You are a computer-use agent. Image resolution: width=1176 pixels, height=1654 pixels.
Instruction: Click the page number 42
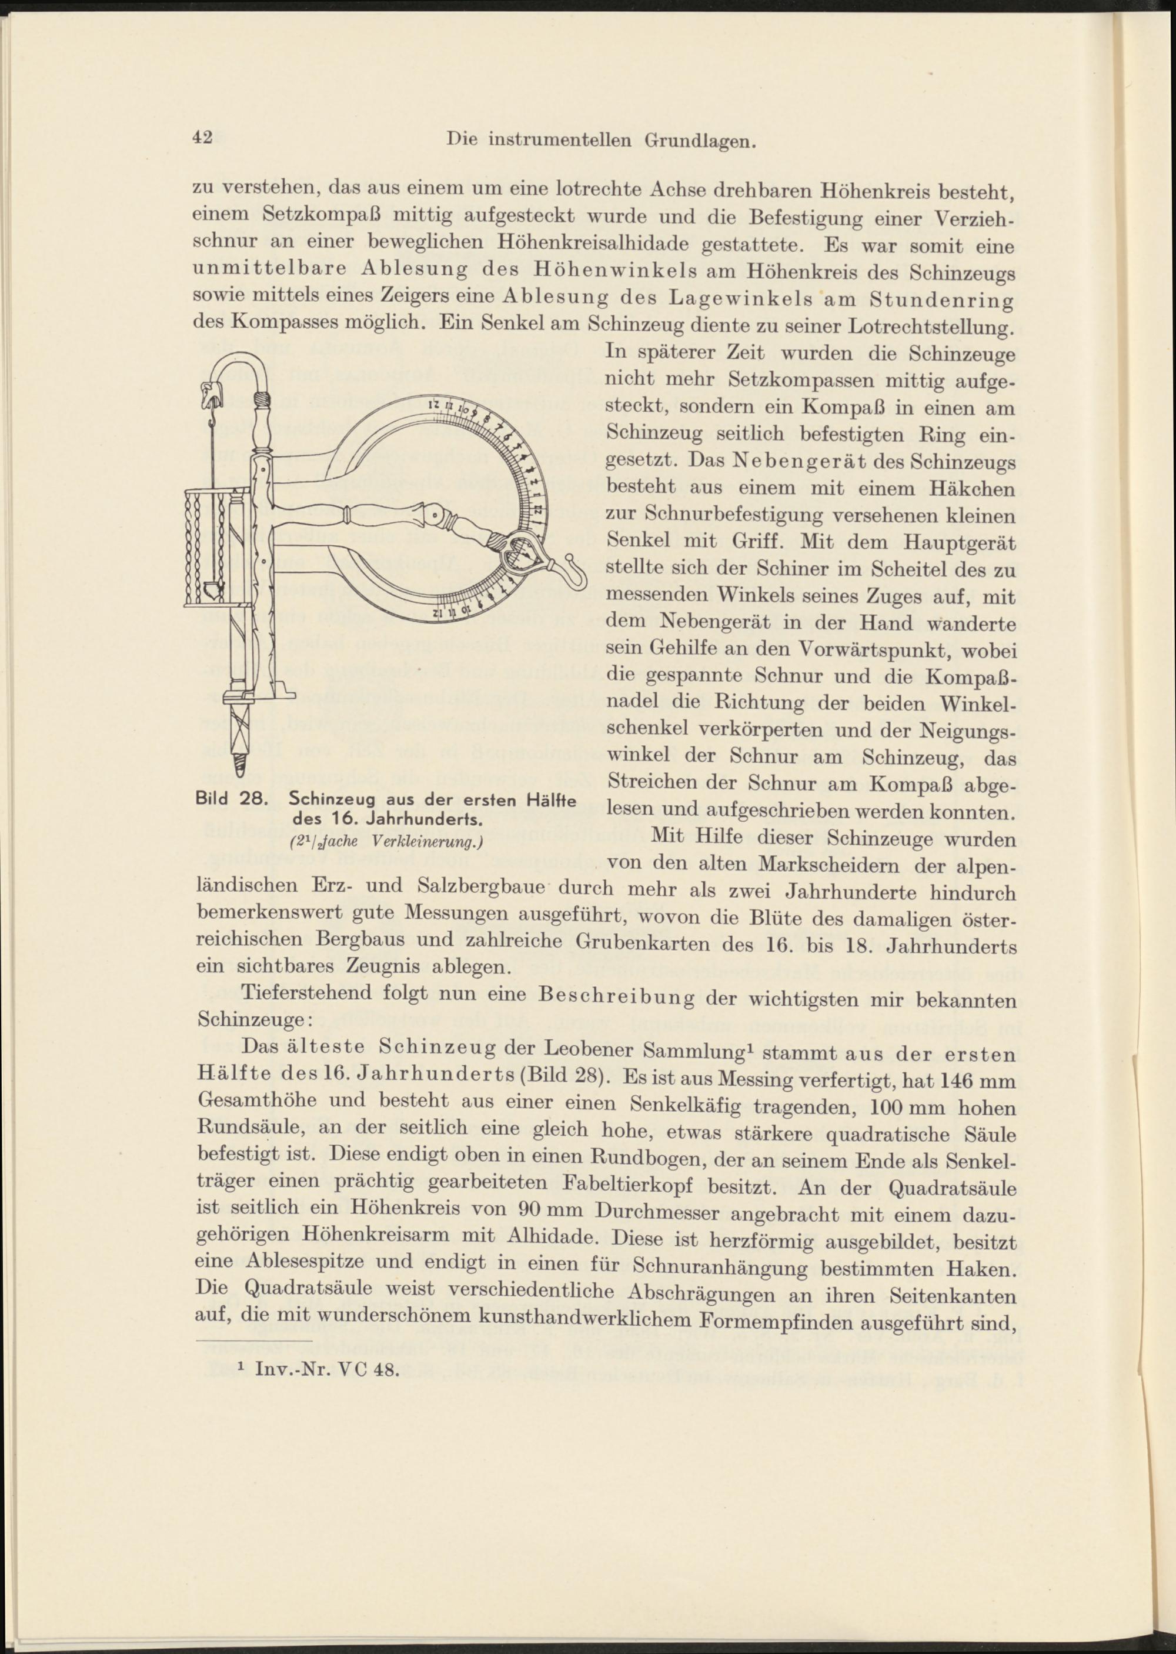point(202,137)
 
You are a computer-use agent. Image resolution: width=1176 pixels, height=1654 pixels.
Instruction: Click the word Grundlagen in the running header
point(700,141)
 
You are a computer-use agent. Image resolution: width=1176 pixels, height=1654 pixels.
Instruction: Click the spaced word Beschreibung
point(617,999)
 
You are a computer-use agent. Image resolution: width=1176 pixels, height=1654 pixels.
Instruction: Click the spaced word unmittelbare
point(266,270)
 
